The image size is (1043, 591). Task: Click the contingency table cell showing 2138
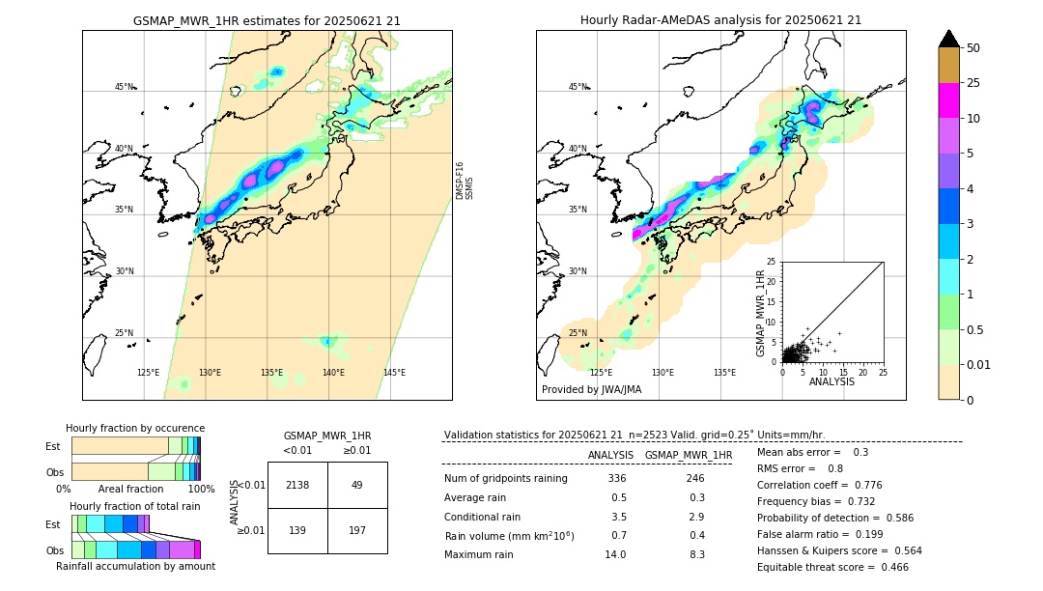[297, 485]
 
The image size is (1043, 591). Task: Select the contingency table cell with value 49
[357, 485]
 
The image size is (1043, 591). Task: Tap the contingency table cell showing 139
[297, 530]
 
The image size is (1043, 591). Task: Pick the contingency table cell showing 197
[357, 530]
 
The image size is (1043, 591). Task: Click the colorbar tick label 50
[973, 48]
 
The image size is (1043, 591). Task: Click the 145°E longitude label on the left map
[394, 373]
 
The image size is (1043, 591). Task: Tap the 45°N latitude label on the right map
[578, 87]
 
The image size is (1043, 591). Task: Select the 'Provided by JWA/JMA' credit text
[591, 390]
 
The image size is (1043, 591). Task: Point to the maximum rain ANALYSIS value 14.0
[616, 554]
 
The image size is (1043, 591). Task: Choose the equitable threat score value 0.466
[891, 568]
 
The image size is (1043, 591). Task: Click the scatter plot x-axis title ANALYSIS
[832, 381]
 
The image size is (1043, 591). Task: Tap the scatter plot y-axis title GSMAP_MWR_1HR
[760, 312]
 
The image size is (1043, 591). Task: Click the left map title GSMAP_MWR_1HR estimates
[267, 20]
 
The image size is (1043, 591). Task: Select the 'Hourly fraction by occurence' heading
[135, 428]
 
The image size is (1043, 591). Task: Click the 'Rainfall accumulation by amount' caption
[135, 566]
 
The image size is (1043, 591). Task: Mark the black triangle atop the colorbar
[949, 39]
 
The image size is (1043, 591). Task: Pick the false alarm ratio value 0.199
[861, 534]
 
